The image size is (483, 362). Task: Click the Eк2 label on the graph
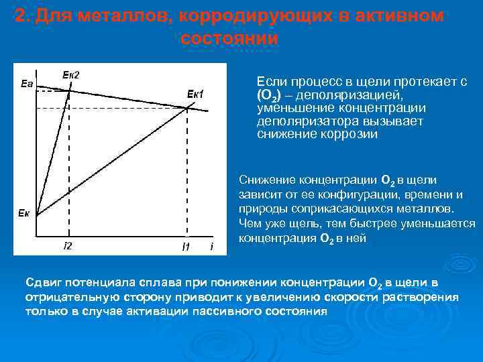click(x=70, y=74)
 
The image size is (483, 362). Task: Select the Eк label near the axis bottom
click(x=24, y=213)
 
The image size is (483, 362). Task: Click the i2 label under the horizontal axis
click(x=67, y=246)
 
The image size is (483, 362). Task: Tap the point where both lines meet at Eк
click(x=36, y=216)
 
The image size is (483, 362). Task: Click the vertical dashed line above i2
click(x=68, y=168)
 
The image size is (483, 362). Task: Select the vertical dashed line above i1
click(x=187, y=174)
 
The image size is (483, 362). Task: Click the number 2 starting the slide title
click(x=20, y=16)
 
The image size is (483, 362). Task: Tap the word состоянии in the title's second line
click(x=229, y=38)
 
